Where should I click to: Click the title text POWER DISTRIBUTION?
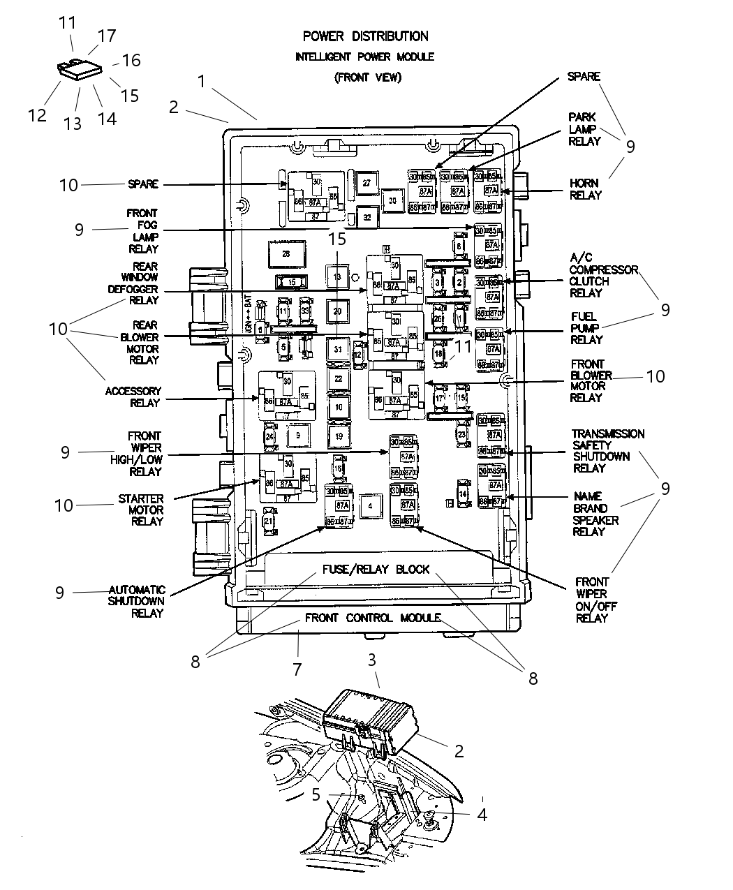(365, 36)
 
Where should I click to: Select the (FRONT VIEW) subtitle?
(367, 77)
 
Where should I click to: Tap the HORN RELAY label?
(585, 189)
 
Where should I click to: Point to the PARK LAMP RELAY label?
(584, 129)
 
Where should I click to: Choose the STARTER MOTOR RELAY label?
(140, 510)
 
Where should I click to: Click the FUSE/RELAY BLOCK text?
(376, 569)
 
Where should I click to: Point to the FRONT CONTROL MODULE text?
(372, 618)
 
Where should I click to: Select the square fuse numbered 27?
(366, 182)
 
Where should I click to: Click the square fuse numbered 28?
(286, 254)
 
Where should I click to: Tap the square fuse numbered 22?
(338, 378)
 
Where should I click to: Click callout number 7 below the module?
(297, 669)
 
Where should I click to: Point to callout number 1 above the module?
(201, 82)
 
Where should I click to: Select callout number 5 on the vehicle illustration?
(316, 794)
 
